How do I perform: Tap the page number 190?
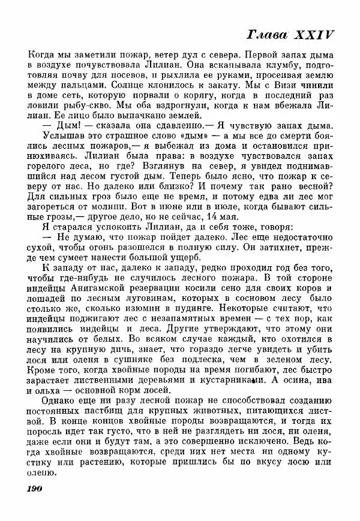click(38, 489)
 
